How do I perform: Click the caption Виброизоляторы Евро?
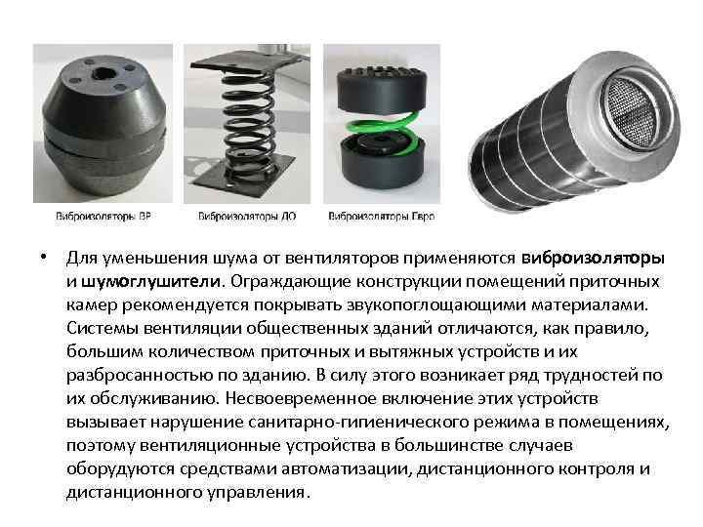pos(381,217)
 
